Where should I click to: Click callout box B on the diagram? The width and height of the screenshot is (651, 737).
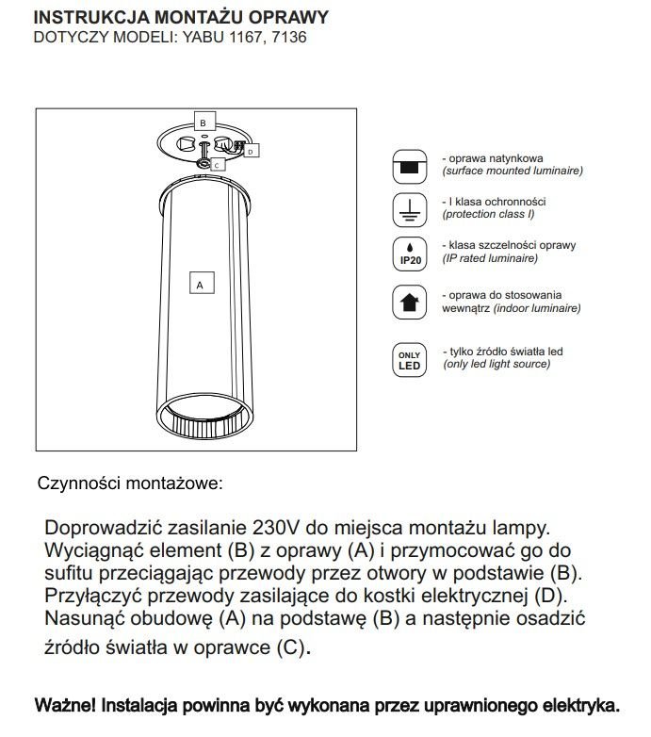coord(203,123)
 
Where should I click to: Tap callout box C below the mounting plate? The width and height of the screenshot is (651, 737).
coord(216,165)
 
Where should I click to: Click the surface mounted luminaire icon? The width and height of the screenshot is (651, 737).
coord(409,166)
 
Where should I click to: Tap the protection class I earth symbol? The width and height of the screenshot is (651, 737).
coord(409,209)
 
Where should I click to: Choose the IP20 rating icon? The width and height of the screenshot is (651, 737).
coord(409,253)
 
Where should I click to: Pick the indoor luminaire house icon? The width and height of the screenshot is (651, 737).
coord(409,303)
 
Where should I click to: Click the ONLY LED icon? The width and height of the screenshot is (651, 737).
coord(409,358)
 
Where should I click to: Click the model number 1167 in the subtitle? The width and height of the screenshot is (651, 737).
coord(240,39)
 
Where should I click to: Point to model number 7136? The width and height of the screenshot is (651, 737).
coord(287,39)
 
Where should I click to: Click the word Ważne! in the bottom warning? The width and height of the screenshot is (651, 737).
coord(64,705)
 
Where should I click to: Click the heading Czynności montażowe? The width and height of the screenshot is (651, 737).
coord(130,483)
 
